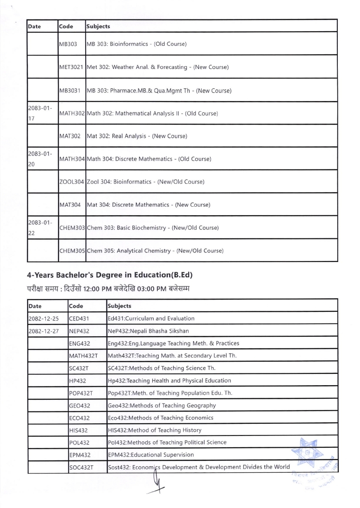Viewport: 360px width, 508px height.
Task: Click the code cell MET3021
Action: [72, 67]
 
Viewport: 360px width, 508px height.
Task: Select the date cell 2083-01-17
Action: [42, 113]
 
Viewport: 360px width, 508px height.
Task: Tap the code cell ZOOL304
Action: [72, 182]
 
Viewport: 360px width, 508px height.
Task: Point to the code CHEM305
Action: [72, 251]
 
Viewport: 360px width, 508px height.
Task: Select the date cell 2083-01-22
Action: [42, 227]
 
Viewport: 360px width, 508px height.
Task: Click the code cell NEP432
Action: [80, 331]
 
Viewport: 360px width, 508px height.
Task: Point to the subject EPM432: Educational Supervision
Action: [151, 455]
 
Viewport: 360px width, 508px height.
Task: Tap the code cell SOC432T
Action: [81, 467]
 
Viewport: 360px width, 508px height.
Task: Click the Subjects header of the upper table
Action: [98, 26]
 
